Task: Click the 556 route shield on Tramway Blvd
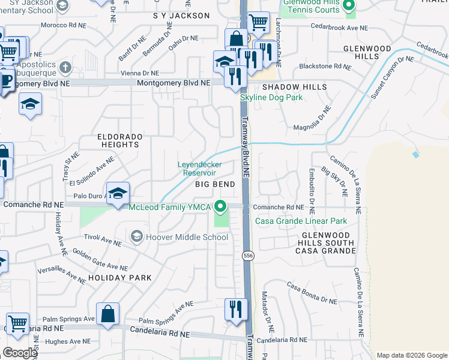point(247,256)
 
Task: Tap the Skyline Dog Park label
point(271,97)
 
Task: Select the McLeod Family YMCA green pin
point(221,207)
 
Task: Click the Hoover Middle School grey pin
point(137,236)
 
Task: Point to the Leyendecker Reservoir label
point(200,169)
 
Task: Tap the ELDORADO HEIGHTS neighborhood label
point(120,140)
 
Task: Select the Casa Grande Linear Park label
point(301,221)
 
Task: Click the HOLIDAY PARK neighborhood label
point(119,278)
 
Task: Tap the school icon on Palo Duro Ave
point(119,193)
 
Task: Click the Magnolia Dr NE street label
point(312,118)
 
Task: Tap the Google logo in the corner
point(20,353)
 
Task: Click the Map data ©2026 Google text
point(412,355)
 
